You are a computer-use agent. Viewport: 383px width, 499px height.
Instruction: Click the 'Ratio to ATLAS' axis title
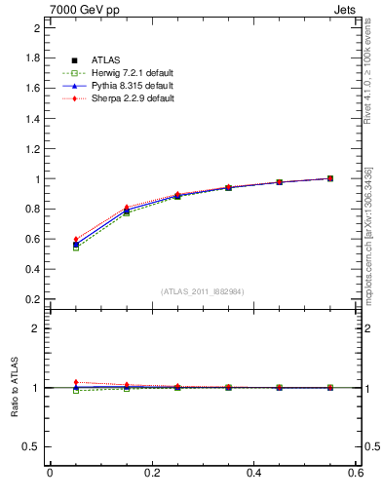pos(14,388)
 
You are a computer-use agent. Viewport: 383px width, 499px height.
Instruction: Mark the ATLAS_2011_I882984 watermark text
pos(202,291)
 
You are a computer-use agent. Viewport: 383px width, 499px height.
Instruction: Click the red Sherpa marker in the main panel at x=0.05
pos(76,239)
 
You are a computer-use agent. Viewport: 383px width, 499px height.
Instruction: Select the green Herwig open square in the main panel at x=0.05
pos(76,249)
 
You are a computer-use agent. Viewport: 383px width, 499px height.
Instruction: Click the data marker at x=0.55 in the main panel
pos(330,178)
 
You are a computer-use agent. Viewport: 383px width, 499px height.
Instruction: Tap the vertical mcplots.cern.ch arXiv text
pos(368,234)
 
